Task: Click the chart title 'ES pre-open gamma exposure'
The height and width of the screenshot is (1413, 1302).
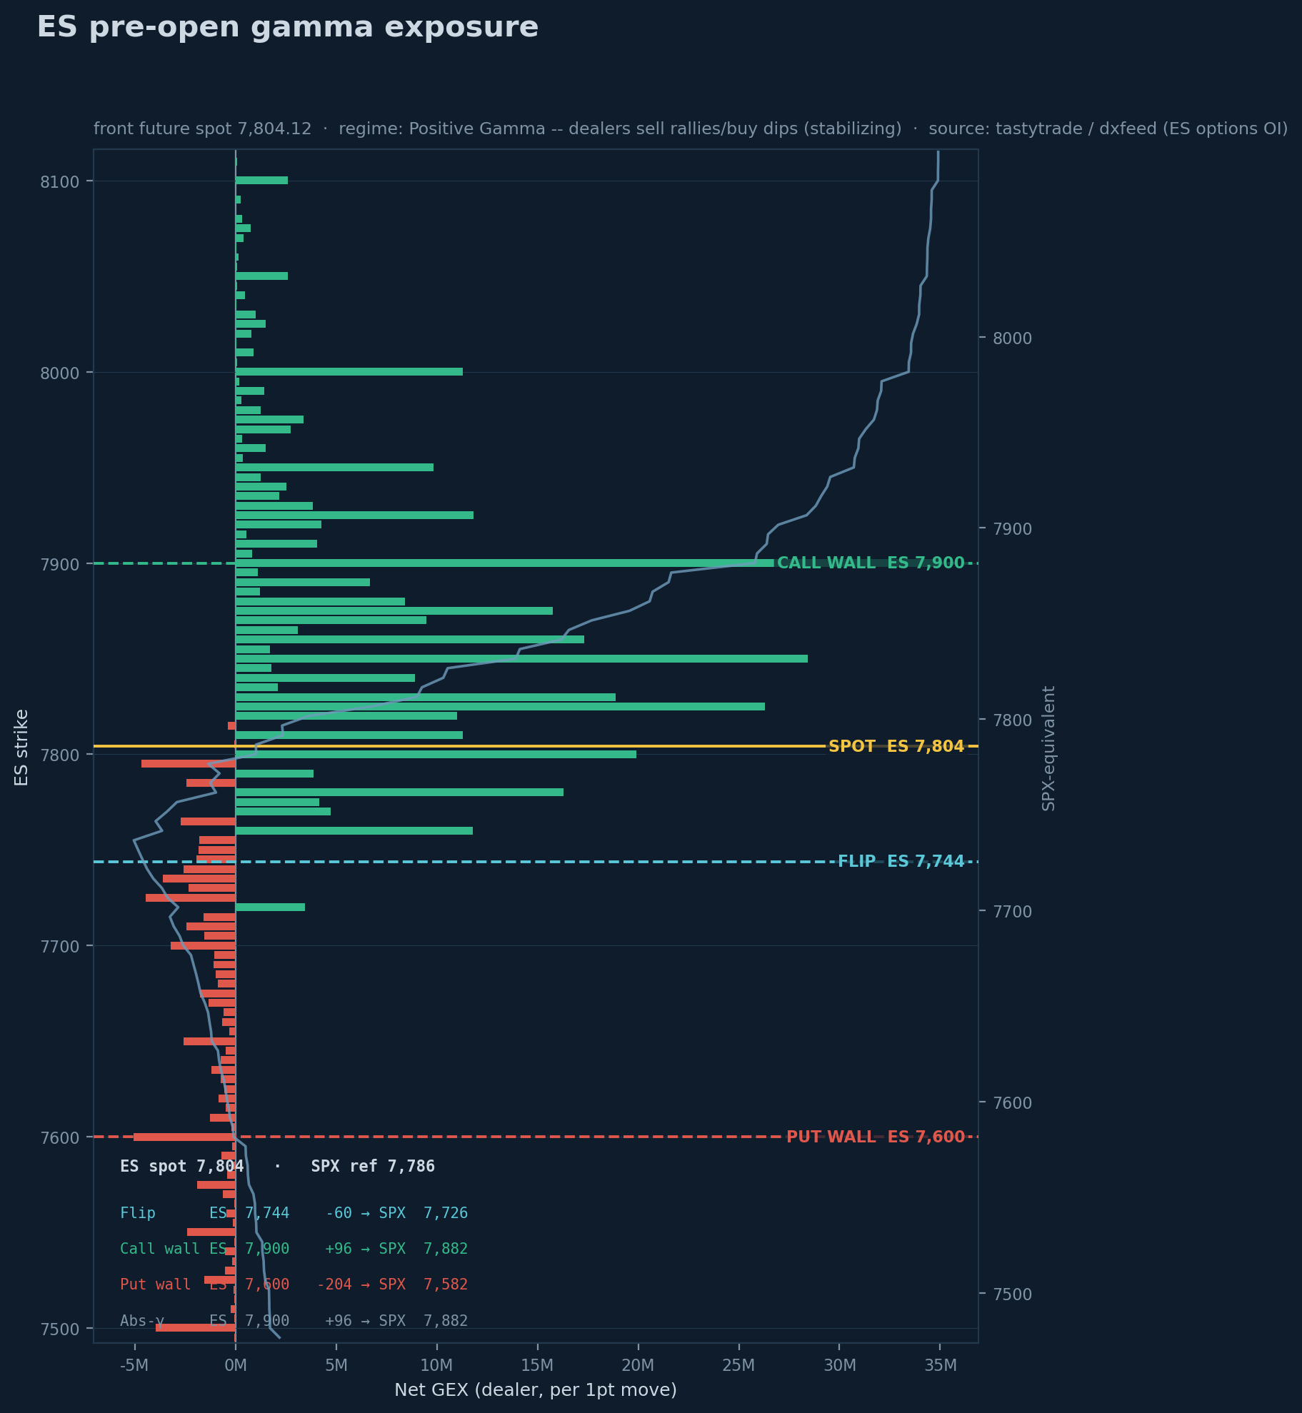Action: (x=287, y=27)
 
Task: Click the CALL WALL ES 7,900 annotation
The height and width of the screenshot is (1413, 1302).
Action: (x=871, y=563)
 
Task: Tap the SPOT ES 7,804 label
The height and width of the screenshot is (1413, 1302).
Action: (x=896, y=747)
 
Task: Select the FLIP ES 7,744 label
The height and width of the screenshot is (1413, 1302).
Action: (x=901, y=862)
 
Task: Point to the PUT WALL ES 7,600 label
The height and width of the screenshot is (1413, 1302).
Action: (x=876, y=1137)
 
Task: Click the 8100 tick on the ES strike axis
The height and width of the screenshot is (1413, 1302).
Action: (x=59, y=181)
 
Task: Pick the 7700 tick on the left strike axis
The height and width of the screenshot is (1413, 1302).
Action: (x=59, y=946)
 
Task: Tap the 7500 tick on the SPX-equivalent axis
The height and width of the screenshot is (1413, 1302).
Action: (x=1012, y=1294)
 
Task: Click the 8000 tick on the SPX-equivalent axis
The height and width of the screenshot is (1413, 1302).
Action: (x=1012, y=338)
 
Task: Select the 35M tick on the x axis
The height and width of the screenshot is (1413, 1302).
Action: (x=940, y=1366)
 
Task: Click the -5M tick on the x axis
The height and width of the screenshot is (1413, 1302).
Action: (x=134, y=1366)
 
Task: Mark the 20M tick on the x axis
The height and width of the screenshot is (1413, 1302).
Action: (x=638, y=1366)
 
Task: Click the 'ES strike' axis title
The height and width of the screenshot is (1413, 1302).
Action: (x=21, y=748)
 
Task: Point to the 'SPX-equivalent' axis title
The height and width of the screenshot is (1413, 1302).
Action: (x=1048, y=748)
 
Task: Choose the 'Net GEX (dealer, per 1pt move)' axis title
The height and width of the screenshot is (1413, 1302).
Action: (x=536, y=1390)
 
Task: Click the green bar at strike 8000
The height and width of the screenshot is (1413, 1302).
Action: (x=349, y=372)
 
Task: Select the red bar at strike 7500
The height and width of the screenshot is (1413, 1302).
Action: (x=196, y=1328)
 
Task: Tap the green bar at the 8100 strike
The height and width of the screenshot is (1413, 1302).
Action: (x=261, y=181)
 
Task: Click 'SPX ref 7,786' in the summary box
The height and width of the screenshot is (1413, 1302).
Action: (x=373, y=1167)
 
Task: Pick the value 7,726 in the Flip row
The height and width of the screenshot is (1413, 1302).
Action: (x=446, y=1214)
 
